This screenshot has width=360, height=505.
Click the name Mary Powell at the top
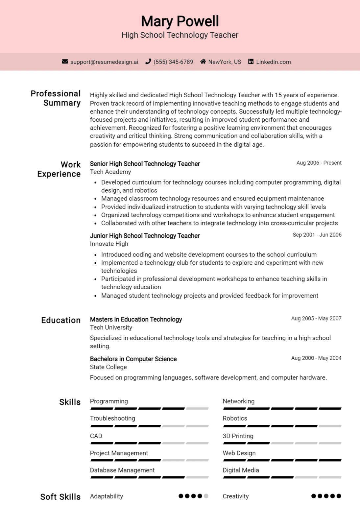tap(180, 21)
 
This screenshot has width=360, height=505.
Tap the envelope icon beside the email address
tap(65, 61)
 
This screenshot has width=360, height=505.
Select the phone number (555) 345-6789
tap(173, 62)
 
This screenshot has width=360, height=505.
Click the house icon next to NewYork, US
tap(203, 61)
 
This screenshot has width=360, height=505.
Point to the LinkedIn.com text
tap(273, 62)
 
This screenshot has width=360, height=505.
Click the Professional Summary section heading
tap(56, 98)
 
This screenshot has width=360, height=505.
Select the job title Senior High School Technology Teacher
tap(145, 164)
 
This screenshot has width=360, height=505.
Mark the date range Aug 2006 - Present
tap(319, 163)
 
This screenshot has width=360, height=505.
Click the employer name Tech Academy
tap(110, 172)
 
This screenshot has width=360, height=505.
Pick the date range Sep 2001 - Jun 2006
tap(317, 235)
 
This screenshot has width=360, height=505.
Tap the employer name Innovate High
tap(109, 244)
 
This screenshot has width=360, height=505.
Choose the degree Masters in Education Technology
tap(136, 320)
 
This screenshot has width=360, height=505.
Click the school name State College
tap(108, 367)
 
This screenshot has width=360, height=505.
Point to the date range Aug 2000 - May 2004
tap(316, 358)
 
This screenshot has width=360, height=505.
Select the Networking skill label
tap(238, 401)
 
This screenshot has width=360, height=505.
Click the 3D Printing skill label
tap(238, 436)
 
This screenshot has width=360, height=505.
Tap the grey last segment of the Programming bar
tap(197, 409)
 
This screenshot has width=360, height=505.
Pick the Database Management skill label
tap(122, 470)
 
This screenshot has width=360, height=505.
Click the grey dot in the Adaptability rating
tap(206, 496)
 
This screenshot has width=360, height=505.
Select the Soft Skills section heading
tap(60, 497)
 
